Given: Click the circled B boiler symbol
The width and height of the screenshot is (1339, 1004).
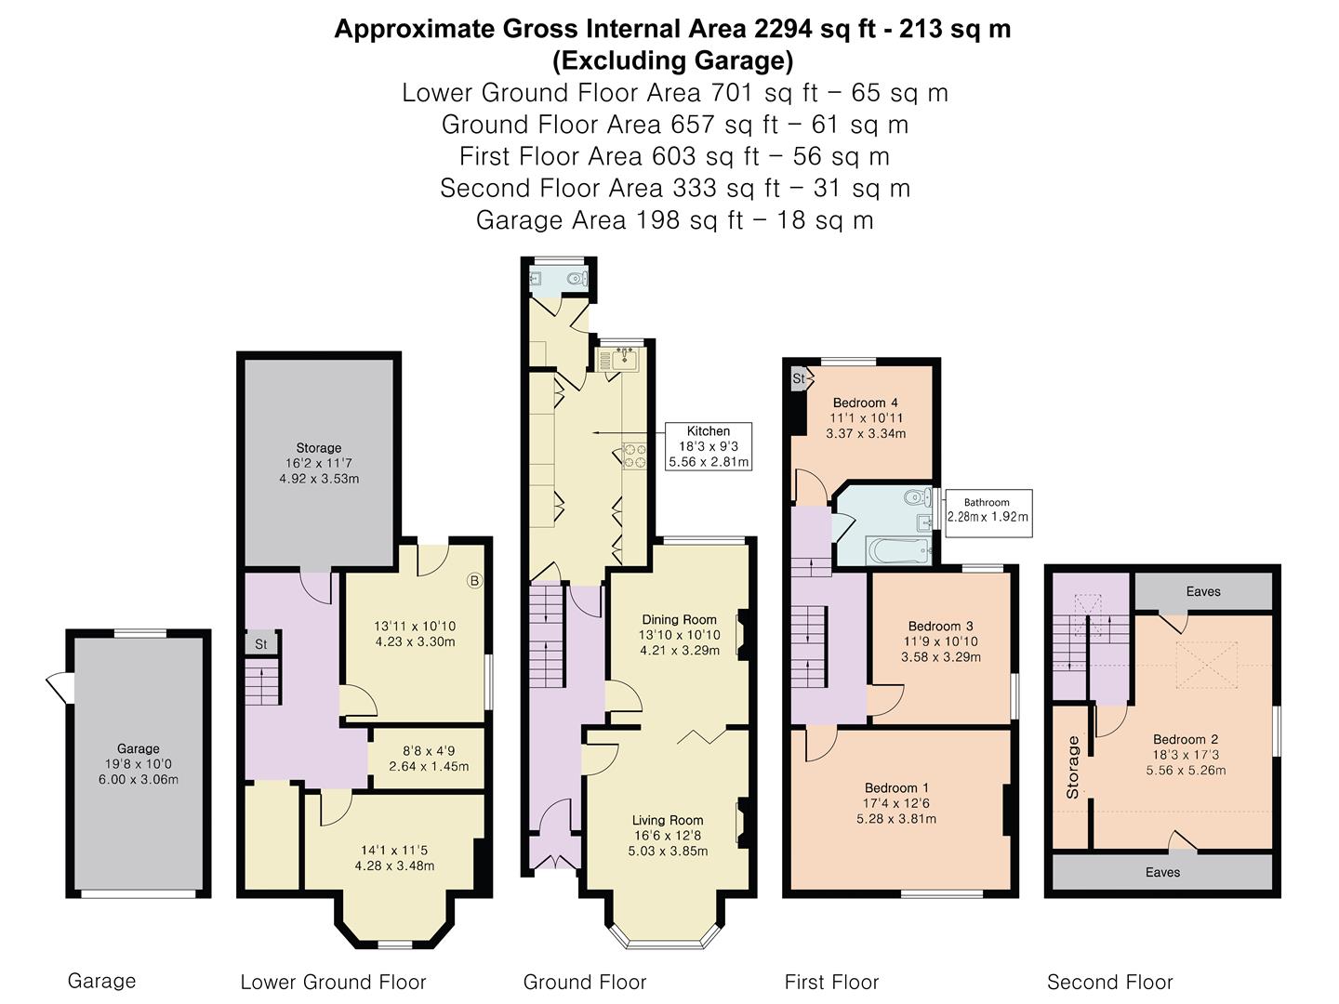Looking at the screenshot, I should click(474, 581).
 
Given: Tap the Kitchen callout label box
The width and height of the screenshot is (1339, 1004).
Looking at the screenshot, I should click(708, 446).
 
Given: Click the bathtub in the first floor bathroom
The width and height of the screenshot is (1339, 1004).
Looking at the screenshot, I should click(898, 550).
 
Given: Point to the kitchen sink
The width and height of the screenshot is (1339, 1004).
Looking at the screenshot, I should click(620, 359).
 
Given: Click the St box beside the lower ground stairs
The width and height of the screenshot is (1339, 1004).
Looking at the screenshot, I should click(261, 643).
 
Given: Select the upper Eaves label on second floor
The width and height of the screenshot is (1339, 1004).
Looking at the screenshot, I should click(1202, 591).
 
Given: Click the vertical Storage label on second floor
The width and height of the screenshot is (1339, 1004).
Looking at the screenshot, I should click(1073, 768).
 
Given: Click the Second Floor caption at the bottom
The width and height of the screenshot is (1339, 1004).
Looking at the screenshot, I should click(1109, 982).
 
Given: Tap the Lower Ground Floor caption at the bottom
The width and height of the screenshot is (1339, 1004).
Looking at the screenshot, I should click(333, 982).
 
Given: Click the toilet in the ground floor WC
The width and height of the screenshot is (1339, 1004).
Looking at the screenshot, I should click(577, 278).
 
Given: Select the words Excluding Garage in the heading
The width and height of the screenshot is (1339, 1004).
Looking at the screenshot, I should click(672, 61).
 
